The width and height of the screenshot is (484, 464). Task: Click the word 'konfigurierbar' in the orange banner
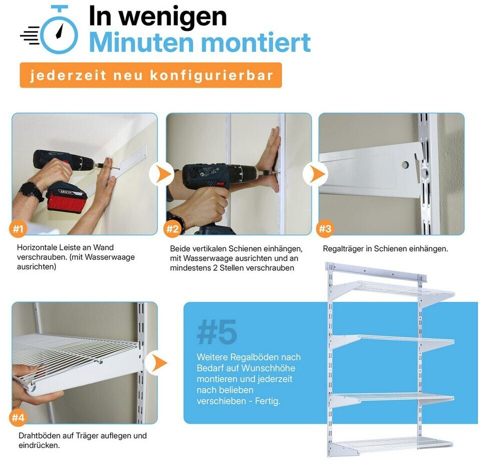[x=211, y=76]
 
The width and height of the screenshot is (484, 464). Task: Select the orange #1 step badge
[x=18, y=229]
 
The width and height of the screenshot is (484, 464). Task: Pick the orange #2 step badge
[x=172, y=229]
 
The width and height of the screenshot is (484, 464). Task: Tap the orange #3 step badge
[x=324, y=229]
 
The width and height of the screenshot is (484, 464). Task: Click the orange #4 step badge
[x=18, y=418]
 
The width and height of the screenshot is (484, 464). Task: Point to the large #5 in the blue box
[x=217, y=332]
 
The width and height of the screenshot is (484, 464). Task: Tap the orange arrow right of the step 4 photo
[x=159, y=363]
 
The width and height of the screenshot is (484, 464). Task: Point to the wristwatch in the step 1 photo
[x=31, y=191]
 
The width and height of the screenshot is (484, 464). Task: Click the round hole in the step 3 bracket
[x=405, y=165]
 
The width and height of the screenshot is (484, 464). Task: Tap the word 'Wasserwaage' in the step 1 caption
[x=109, y=257]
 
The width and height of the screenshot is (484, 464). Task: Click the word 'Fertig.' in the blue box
[x=267, y=401]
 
